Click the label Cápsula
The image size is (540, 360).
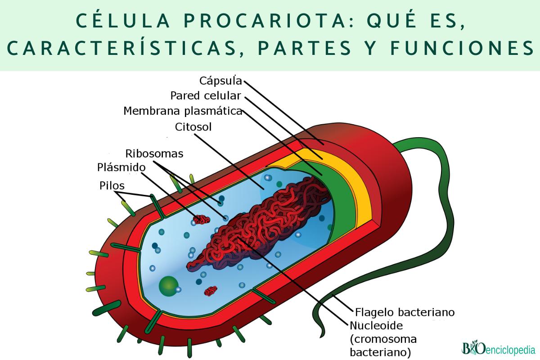[220, 81]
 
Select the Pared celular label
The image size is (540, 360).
[206, 96]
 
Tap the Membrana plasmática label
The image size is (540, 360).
[183, 111]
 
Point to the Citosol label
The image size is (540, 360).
[193, 127]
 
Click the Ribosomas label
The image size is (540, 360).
[154, 153]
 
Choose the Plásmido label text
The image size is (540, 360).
[121, 167]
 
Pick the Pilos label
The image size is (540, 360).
[112, 186]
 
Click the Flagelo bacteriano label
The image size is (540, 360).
[405, 312]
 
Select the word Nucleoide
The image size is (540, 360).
[376, 326]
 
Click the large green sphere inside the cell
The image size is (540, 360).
[168, 286]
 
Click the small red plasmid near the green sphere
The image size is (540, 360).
[211, 291]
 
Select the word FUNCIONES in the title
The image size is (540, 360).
[462, 48]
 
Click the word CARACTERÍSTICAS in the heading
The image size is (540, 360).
[121, 48]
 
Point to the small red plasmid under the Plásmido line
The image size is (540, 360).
[201, 220]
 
